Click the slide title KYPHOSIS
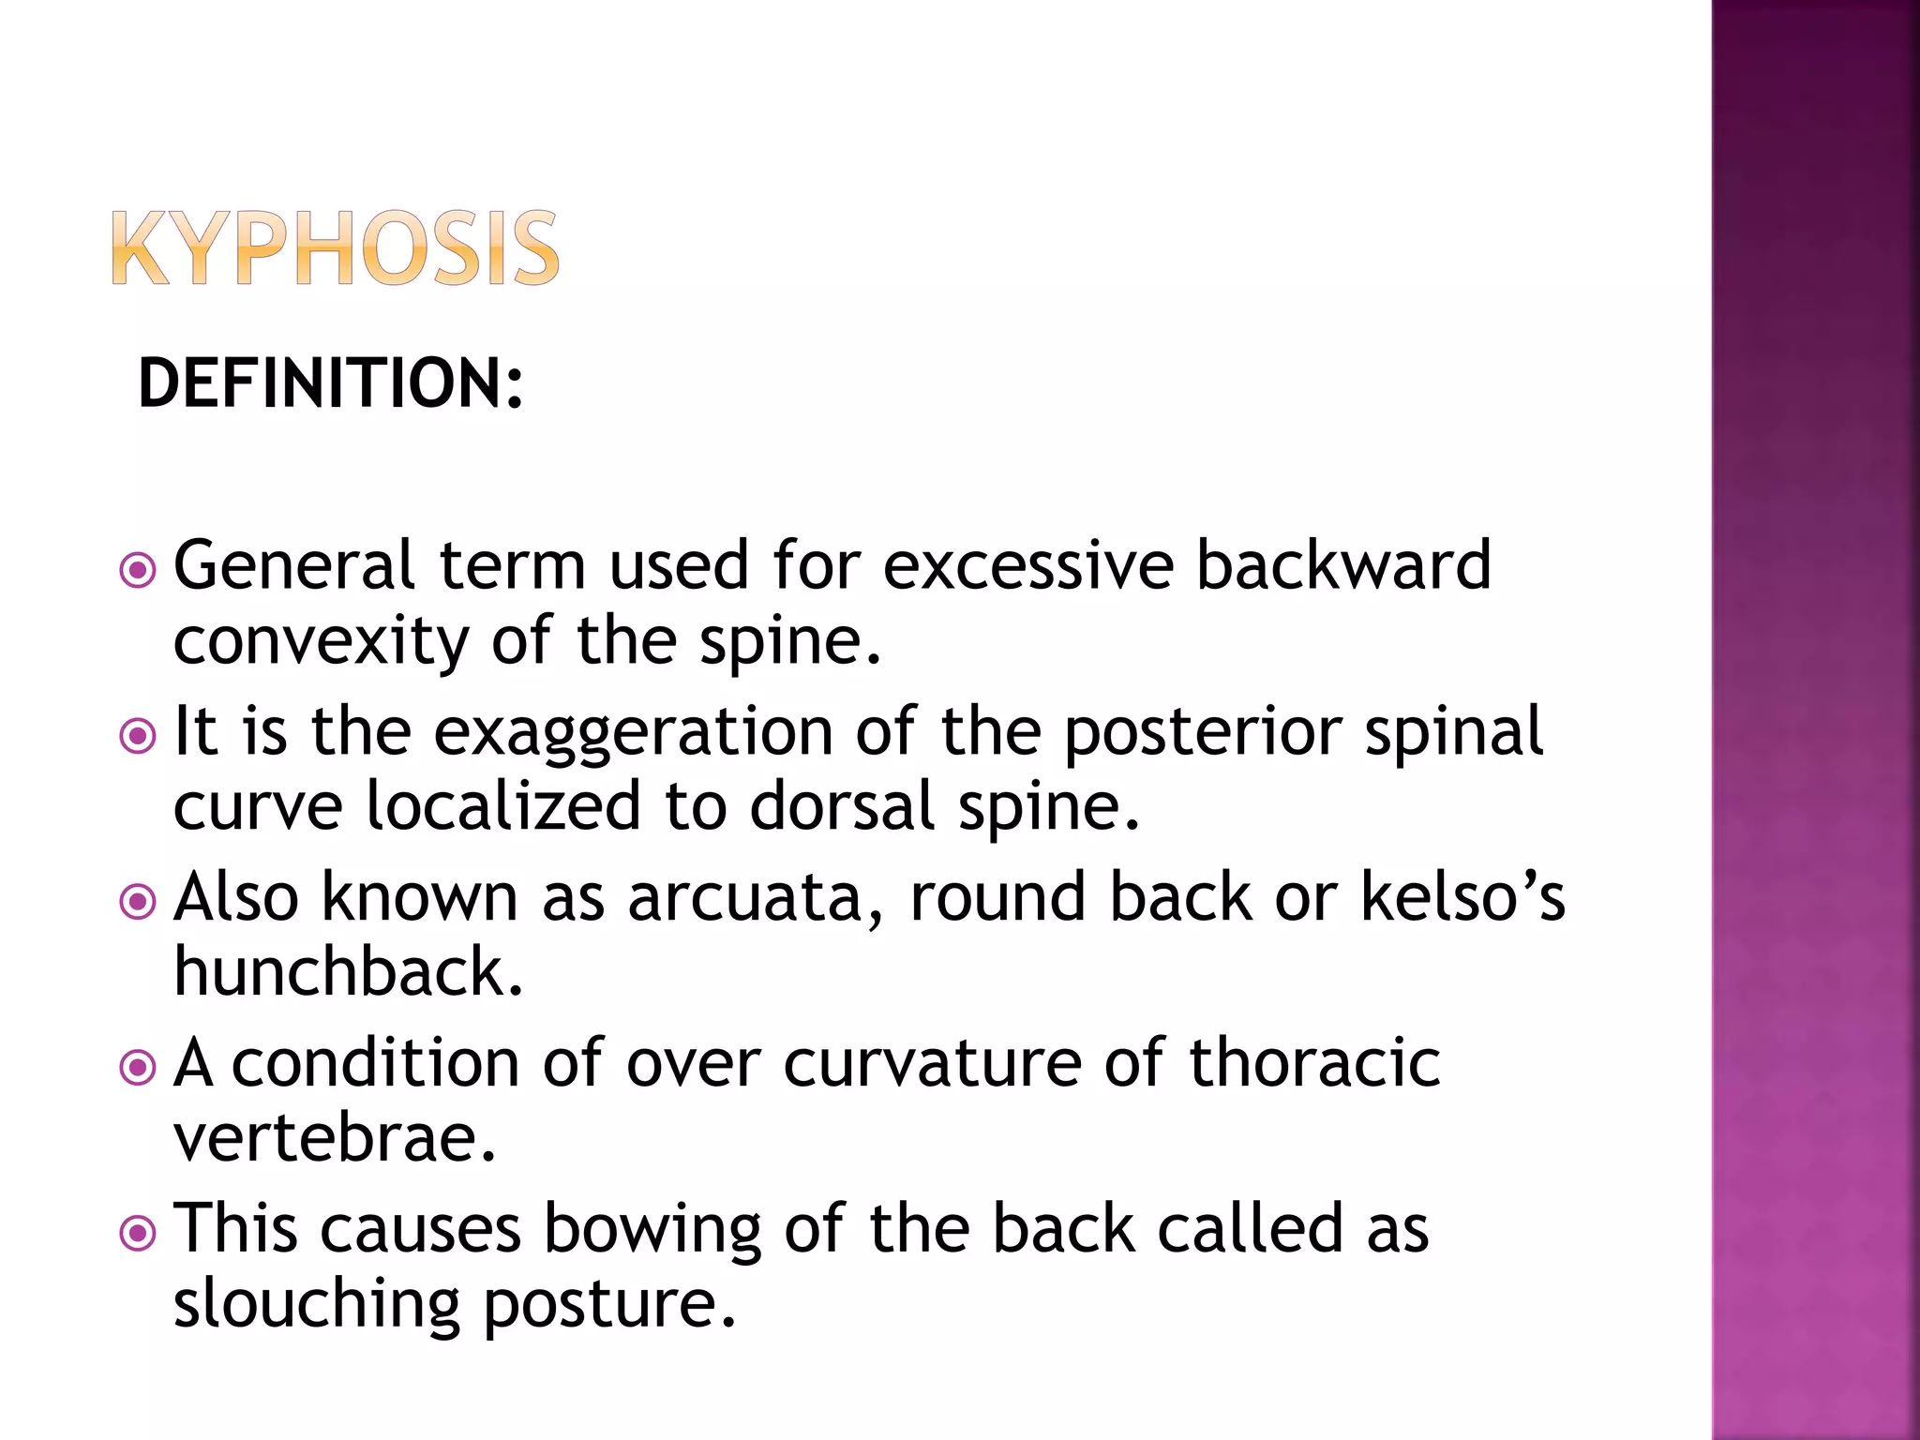pyautogui.click(x=335, y=248)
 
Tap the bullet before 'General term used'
pyautogui.click(x=139, y=569)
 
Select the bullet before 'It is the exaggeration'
pyautogui.click(x=139, y=735)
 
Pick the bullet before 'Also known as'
pyautogui.click(x=139, y=902)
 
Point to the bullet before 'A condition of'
pyautogui.click(x=139, y=1067)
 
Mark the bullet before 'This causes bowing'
pyautogui.click(x=139, y=1233)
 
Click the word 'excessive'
pyautogui.click(x=1028, y=566)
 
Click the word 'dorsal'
pyautogui.click(x=842, y=807)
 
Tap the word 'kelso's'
pyautogui.click(x=1462, y=898)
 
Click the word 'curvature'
pyautogui.click(x=932, y=1064)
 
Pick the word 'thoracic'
pyautogui.click(x=1314, y=1064)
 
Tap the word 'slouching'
pyautogui.click(x=317, y=1305)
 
